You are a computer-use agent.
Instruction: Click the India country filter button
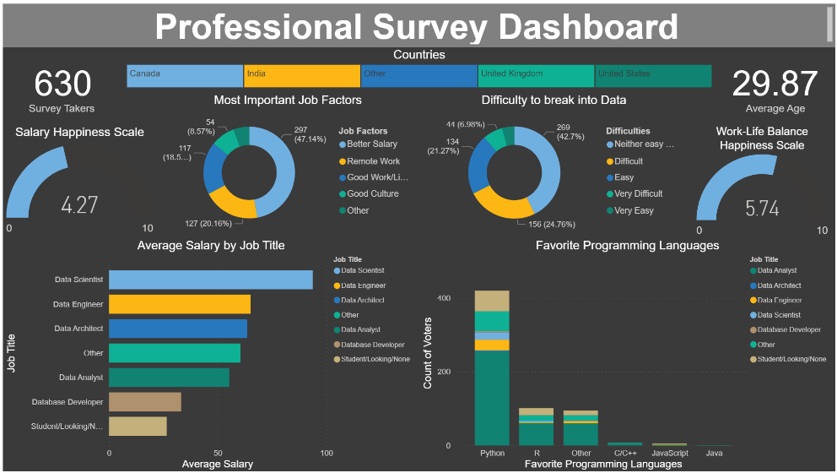(301, 76)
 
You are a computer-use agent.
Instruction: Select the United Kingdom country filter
(536, 76)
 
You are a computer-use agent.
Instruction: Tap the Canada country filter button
(185, 76)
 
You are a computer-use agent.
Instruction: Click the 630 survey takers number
(62, 84)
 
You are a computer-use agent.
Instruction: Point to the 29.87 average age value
(774, 84)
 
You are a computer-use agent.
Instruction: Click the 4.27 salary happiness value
(79, 205)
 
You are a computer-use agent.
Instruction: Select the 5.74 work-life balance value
(762, 209)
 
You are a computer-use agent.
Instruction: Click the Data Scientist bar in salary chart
(210, 280)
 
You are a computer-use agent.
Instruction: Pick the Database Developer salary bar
(144, 402)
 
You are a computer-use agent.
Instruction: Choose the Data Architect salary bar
(177, 329)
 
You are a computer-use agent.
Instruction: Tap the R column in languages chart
(536, 427)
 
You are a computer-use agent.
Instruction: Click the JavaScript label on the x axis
(669, 453)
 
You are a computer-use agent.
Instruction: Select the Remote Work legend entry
(372, 161)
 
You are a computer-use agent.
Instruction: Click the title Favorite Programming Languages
(627, 246)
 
